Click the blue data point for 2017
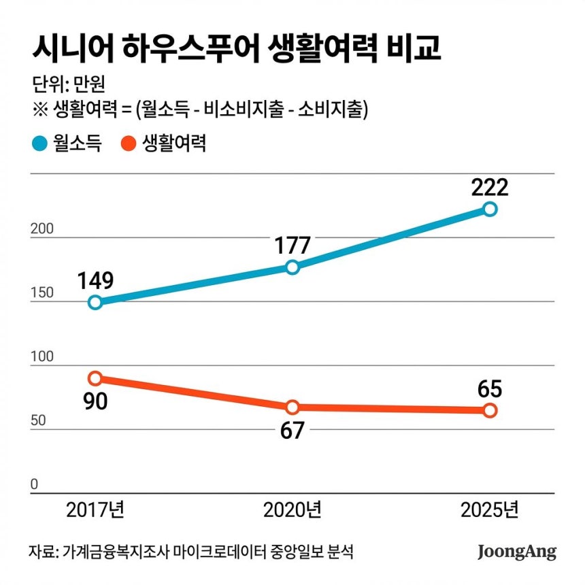pyautogui.click(x=95, y=302)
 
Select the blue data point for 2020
pyautogui.click(x=292, y=267)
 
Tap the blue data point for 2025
pyautogui.click(x=490, y=209)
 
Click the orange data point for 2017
pyautogui.click(x=95, y=378)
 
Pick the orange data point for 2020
pyautogui.click(x=292, y=407)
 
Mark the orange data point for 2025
pyautogui.click(x=490, y=410)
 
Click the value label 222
pyautogui.click(x=490, y=186)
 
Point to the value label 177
pyautogui.click(x=292, y=244)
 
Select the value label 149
pyautogui.click(x=95, y=280)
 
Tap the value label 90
pyautogui.click(x=95, y=401)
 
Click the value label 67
pyautogui.click(x=292, y=430)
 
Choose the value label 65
pyautogui.click(x=490, y=388)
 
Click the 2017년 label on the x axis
pyautogui.click(x=95, y=509)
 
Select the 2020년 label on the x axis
pyautogui.click(x=292, y=509)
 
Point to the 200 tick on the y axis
pyautogui.click(x=43, y=230)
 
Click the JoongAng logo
pyautogui.click(x=516, y=550)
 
